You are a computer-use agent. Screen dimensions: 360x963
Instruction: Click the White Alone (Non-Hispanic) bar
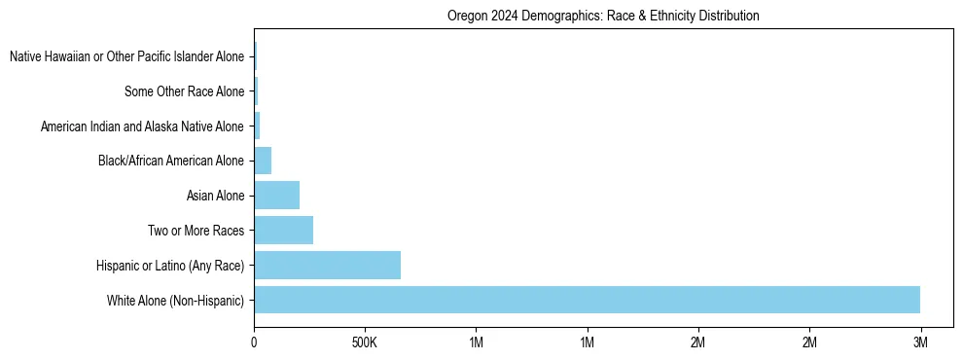pyautogui.click(x=587, y=300)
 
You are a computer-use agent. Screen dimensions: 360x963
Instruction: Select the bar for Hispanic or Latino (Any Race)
pyautogui.click(x=327, y=265)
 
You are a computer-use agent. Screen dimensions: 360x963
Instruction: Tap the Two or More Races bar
pyautogui.click(x=283, y=231)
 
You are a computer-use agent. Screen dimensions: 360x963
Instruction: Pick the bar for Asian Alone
pyautogui.click(x=276, y=196)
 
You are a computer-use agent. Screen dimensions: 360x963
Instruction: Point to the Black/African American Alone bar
pyautogui.click(x=263, y=161)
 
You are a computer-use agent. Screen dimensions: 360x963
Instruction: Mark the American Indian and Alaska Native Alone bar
pyautogui.click(x=257, y=126)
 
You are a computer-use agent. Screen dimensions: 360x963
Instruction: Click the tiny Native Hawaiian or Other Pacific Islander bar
pyautogui.click(x=255, y=57)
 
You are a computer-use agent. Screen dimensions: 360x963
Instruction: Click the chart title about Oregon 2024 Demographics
pyautogui.click(x=603, y=16)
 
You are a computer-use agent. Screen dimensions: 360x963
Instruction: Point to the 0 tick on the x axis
pyautogui.click(x=254, y=343)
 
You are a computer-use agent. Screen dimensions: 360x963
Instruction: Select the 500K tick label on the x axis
pyautogui.click(x=365, y=343)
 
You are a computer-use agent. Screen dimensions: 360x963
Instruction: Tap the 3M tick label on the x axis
pyautogui.click(x=921, y=343)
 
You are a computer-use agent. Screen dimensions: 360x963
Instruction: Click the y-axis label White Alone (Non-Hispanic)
pyautogui.click(x=175, y=300)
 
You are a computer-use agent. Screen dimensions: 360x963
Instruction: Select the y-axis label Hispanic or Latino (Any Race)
pyautogui.click(x=170, y=265)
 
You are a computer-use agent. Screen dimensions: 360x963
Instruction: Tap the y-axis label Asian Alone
pyautogui.click(x=215, y=196)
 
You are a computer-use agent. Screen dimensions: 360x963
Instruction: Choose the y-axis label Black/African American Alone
pyautogui.click(x=171, y=161)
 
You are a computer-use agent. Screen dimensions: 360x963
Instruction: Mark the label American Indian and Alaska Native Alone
pyautogui.click(x=142, y=126)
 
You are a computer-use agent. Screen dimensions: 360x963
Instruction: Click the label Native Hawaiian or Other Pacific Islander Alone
pyautogui.click(x=126, y=57)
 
